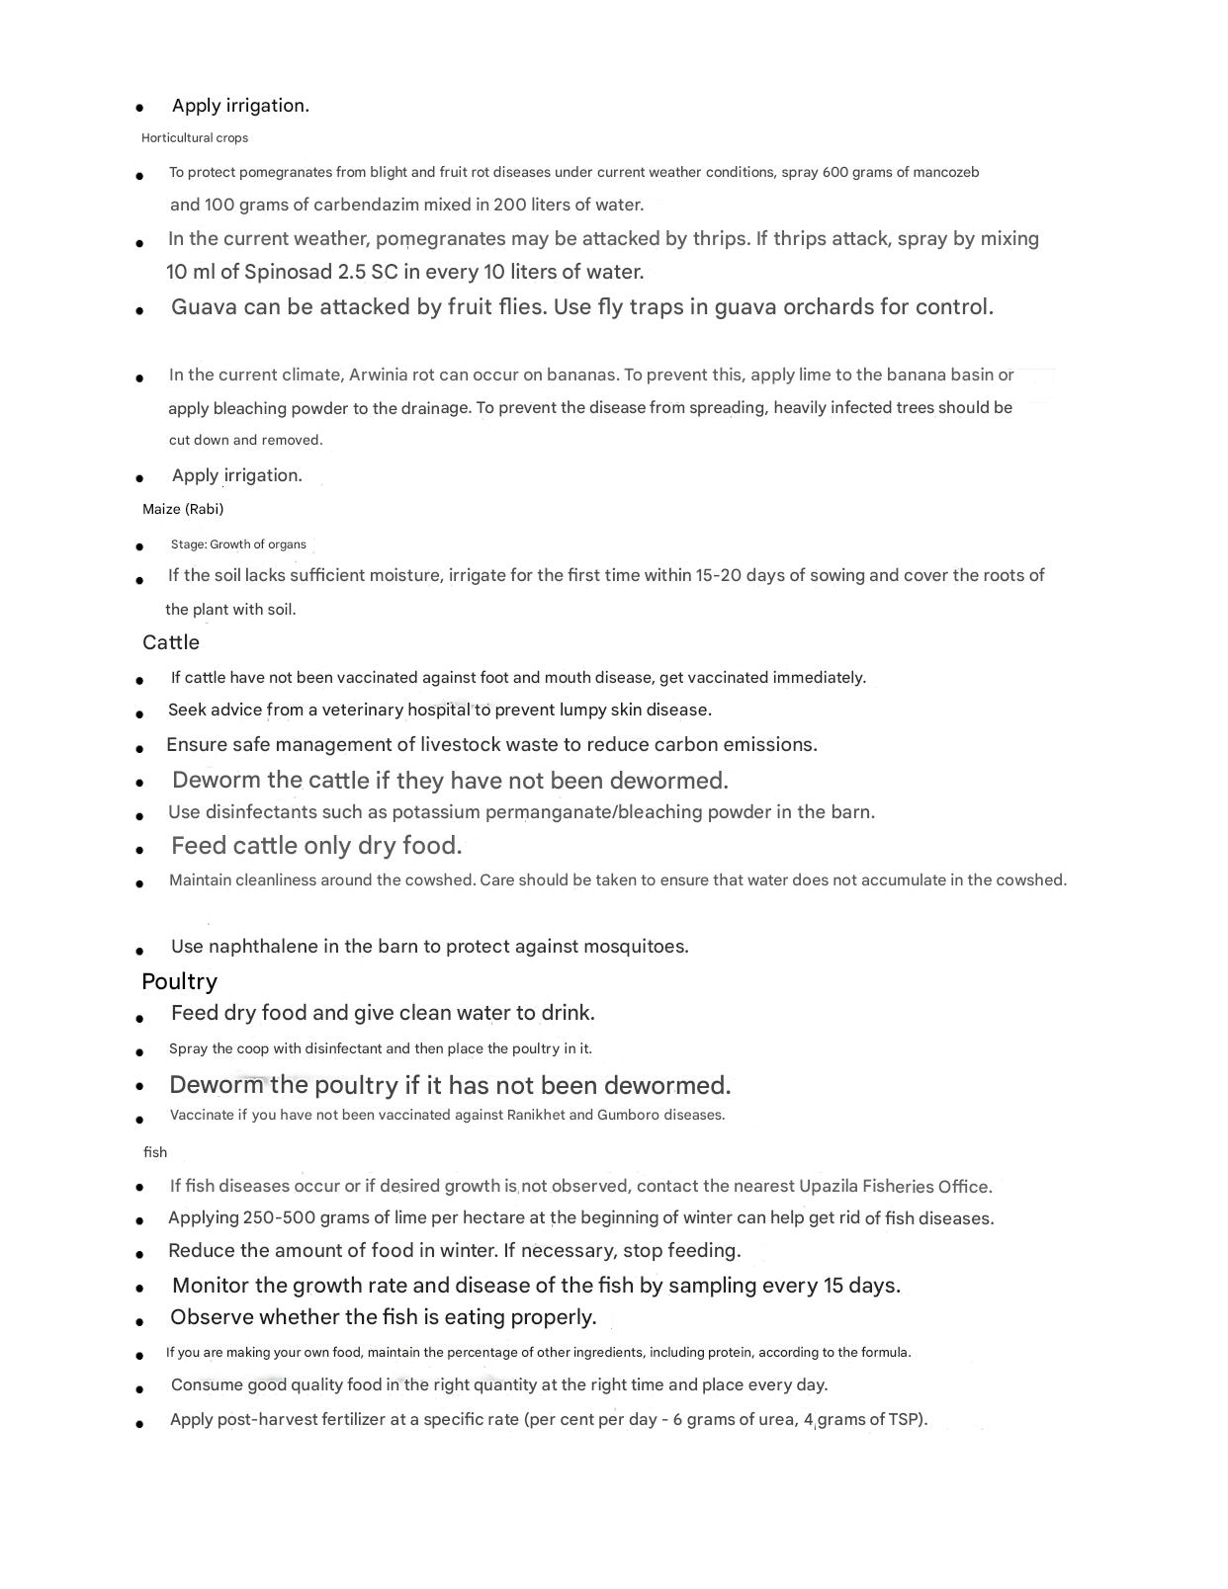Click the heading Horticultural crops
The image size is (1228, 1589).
(195, 138)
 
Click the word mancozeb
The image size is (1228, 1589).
(945, 172)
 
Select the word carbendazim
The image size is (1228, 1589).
(366, 205)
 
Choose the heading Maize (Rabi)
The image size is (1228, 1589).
(183, 509)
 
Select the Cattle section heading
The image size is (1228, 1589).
(171, 642)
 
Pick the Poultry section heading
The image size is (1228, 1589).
(179, 981)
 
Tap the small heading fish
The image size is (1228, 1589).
(155, 1152)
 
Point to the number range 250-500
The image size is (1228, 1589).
(280, 1218)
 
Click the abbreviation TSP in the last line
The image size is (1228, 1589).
(904, 1420)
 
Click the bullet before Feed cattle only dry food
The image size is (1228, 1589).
(140, 849)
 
